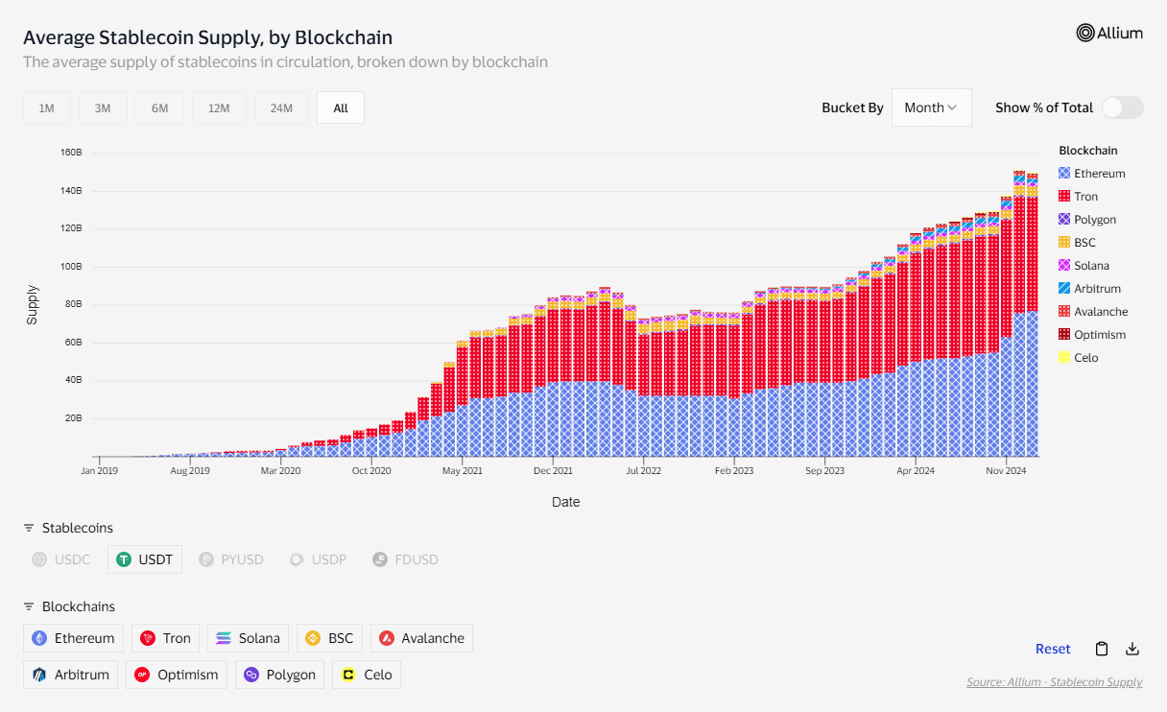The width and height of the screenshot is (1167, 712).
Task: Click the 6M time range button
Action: coord(159,108)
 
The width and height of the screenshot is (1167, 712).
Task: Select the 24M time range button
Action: coord(281,108)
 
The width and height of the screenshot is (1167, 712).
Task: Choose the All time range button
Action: coord(341,108)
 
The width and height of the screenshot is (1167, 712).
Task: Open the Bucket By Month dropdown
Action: coord(931,107)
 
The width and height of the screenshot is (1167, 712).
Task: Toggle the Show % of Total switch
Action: coord(1122,107)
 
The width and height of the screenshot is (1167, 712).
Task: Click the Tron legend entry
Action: coord(1085,197)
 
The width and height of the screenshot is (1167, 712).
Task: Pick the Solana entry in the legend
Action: coord(1091,266)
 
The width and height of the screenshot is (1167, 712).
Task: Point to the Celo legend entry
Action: coord(1085,358)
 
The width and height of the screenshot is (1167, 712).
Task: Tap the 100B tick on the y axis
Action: coord(71,267)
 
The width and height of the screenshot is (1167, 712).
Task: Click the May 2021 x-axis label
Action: coord(463,471)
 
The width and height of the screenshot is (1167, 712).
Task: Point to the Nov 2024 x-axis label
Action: coord(1007,471)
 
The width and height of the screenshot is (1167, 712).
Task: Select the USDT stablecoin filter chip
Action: coord(145,559)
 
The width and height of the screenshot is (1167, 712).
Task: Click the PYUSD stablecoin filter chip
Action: coord(231,559)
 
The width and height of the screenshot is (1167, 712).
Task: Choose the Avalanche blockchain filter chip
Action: coord(421,638)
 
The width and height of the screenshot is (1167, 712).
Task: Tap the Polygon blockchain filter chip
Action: coord(279,675)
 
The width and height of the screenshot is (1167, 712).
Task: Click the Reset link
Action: coord(1053,649)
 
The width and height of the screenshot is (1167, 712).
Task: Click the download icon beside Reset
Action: coord(1132,649)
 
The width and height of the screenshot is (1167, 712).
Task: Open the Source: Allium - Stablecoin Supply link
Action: coord(1054,682)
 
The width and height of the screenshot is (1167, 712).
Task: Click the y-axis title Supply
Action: coord(32,304)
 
